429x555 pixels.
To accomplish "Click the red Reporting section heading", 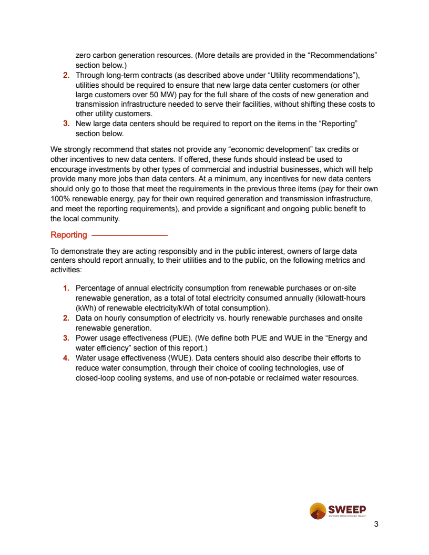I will click(69, 235).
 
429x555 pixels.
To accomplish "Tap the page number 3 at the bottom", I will click(376, 524).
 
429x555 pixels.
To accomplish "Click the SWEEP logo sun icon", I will click(318, 510).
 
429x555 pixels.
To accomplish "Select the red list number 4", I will click(66, 358).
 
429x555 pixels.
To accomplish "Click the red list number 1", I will click(66, 288).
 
